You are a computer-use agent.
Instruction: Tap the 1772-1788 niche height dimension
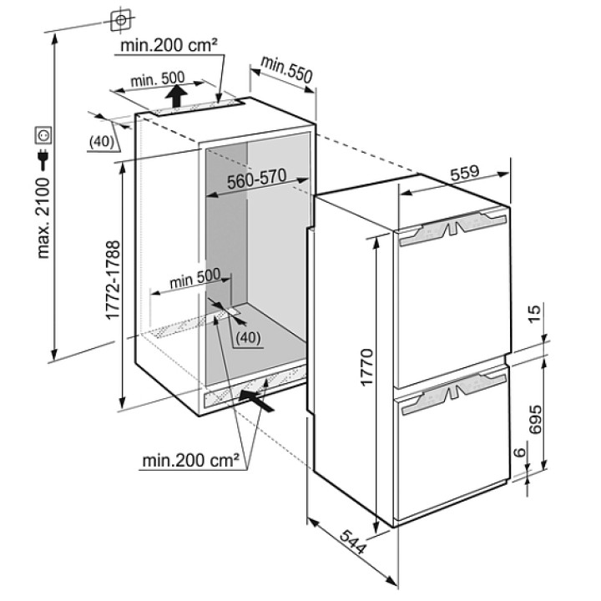coord(113,280)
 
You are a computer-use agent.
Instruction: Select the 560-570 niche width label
coord(257,179)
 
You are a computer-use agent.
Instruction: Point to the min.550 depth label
coord(286,69)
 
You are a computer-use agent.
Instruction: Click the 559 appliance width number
coord(465,173)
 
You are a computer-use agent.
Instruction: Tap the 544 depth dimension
coord(352,542)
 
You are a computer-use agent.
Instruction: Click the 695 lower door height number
coord(535,419)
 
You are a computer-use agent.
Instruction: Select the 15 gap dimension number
coord(535,314)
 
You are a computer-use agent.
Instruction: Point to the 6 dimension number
coord(520,452)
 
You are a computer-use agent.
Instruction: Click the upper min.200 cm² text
coord(169,45)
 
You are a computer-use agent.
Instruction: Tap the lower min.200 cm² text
coord(191,460)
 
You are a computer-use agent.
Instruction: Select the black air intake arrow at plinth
coord(256,401)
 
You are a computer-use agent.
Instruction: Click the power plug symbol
coord(43,159)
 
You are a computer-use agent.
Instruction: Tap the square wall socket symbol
coord(43,136)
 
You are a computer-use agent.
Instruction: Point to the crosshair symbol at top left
coord(121,19)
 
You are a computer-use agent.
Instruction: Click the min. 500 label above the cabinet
coord(158,80)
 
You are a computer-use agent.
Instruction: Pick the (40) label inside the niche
coord(248,337)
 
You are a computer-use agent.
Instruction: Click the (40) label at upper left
coord(102,141)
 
